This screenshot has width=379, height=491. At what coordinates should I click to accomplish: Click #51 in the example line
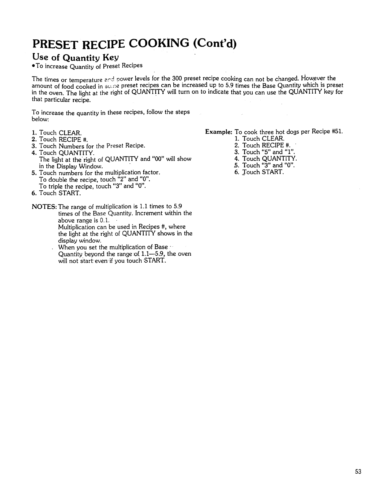click(x=337, y=131)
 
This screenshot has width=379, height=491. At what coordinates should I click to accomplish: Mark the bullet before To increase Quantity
click(x=33, y=66)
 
